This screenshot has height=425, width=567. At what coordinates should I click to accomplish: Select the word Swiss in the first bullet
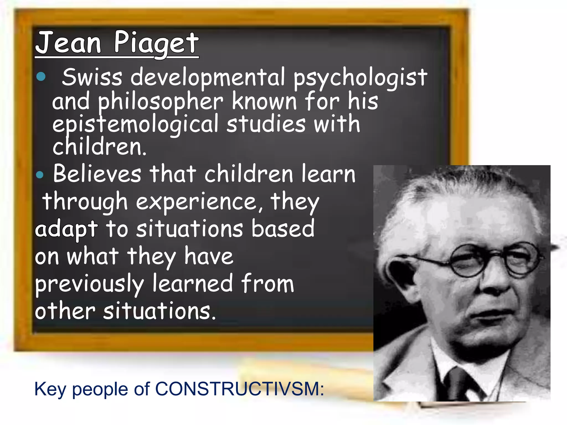(92, 77)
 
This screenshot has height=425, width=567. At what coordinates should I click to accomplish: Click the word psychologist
(360, 78)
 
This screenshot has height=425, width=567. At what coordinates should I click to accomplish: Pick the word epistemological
(135, 125)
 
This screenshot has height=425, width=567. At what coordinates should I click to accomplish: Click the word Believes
(97, 174)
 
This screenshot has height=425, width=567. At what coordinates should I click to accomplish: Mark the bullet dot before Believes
(40, 175)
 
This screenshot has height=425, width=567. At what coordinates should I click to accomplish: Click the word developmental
(208, 77)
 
